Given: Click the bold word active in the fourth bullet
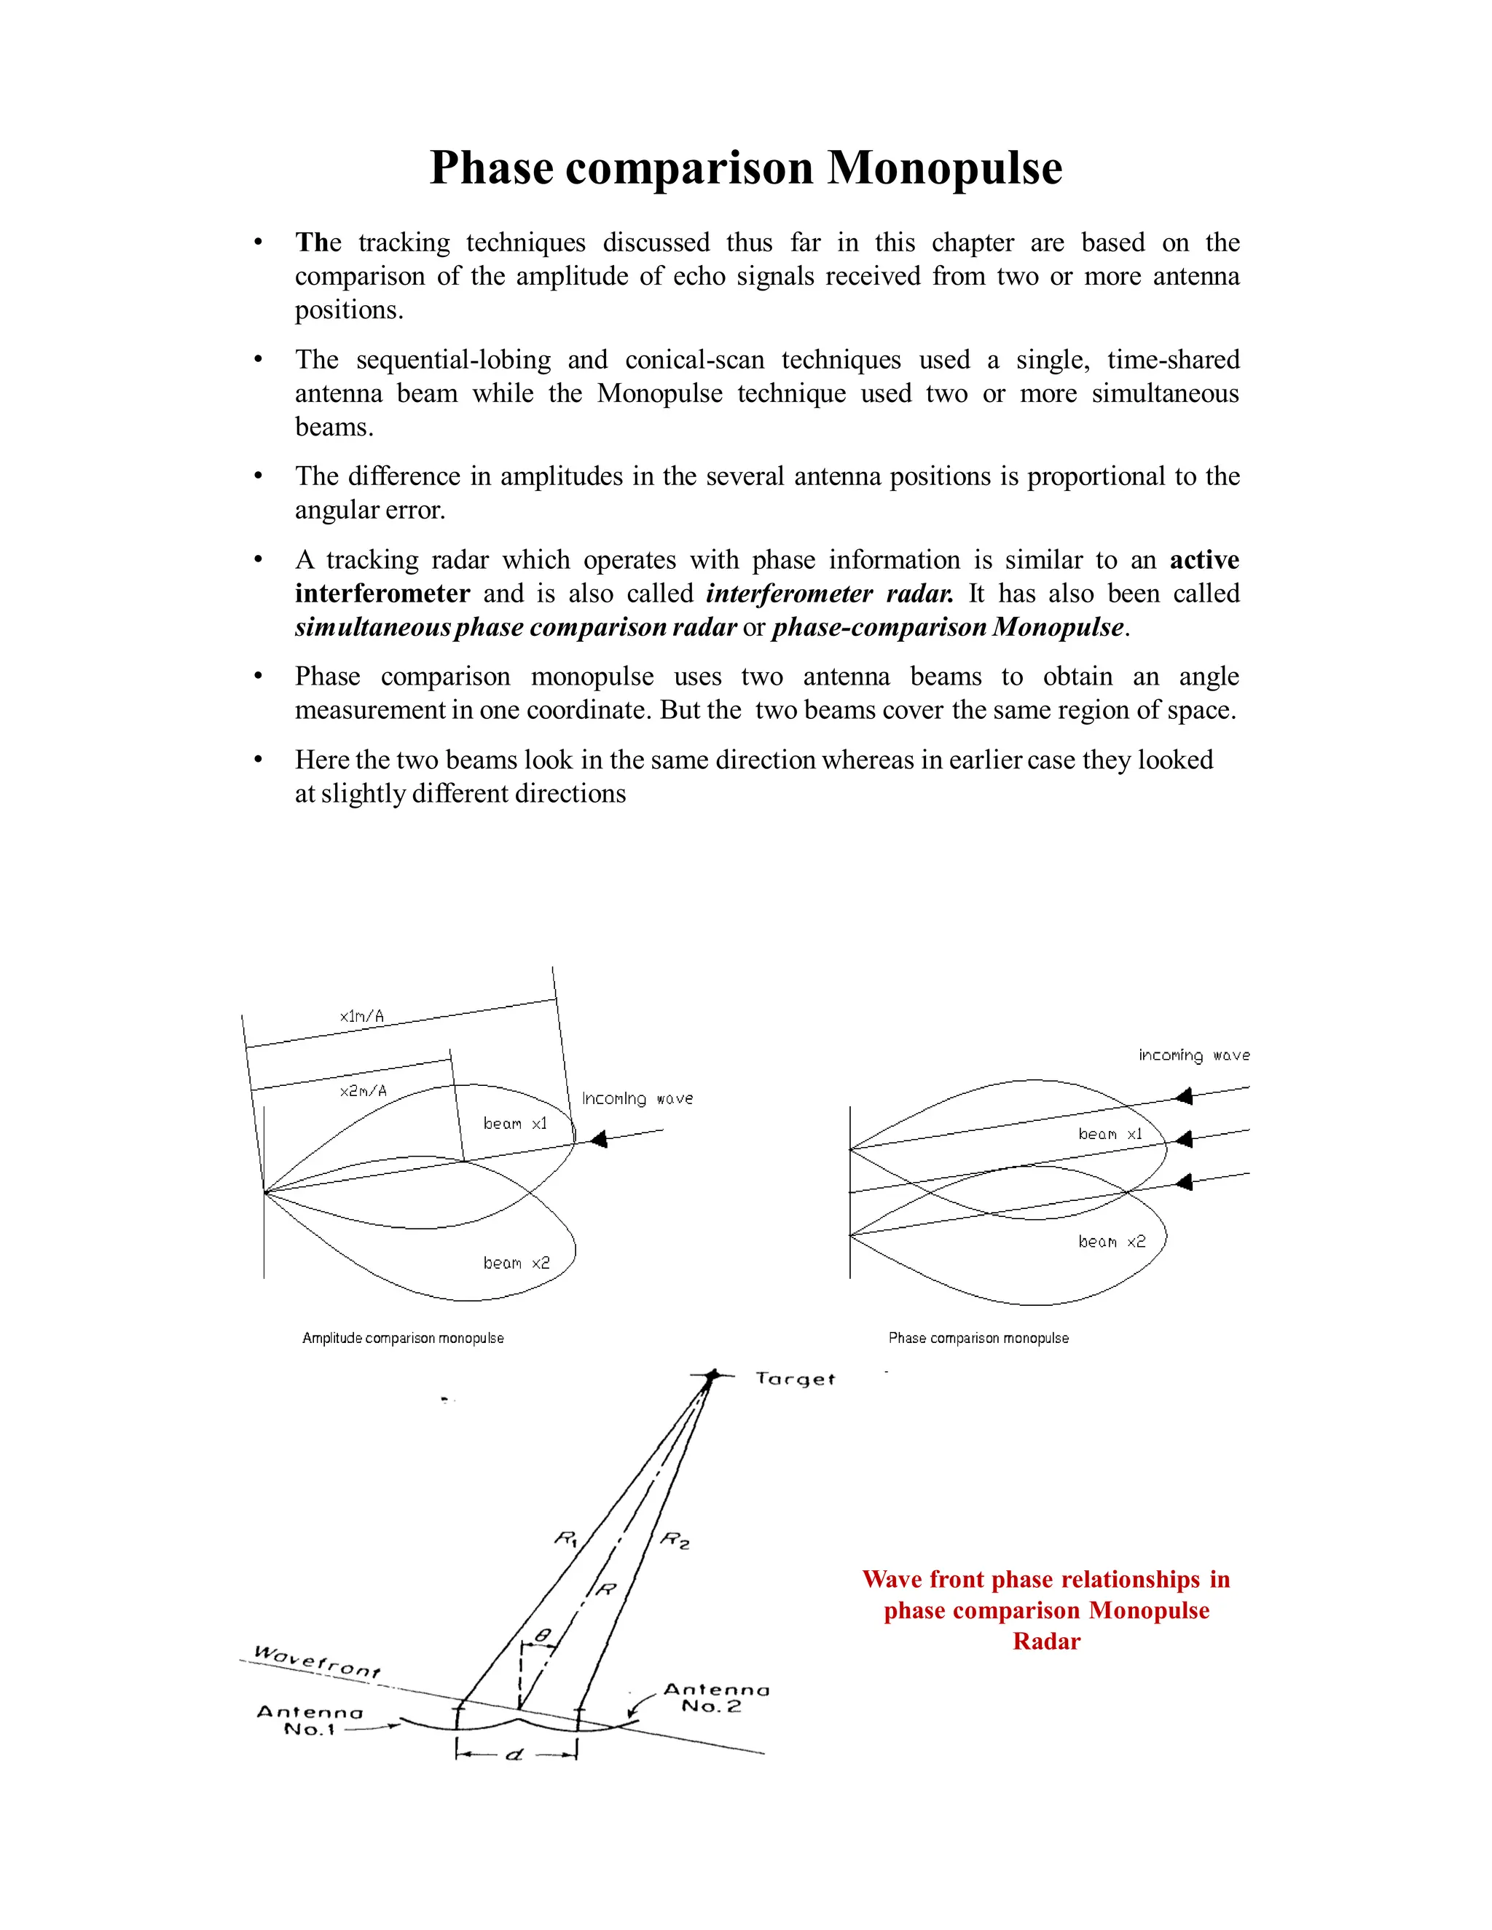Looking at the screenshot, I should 1204,560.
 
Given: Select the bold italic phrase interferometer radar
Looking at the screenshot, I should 829,594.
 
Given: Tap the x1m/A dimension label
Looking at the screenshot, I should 361,1016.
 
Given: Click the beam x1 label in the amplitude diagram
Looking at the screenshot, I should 515,1123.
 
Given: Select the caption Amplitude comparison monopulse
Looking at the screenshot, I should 403,1338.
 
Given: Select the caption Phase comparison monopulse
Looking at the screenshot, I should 978,1338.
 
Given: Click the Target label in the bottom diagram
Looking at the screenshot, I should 795,1379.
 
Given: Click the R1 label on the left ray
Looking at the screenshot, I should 565,1538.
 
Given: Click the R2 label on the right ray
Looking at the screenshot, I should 675,1540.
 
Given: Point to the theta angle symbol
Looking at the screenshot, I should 543,1636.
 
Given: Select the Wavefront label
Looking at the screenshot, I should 316,1661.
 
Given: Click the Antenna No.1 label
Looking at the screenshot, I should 310,1720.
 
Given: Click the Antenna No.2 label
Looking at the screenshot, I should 716,1698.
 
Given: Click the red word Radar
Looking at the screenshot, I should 1047,1641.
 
